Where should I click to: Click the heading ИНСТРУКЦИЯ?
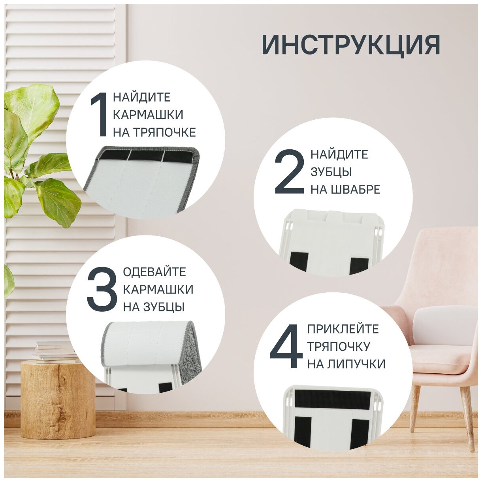[351, 45]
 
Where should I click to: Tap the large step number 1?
[99, 114]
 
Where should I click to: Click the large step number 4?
[286, 346]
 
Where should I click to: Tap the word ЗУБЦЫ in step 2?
[331, 172]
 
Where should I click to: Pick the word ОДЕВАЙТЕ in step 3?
[154, 272]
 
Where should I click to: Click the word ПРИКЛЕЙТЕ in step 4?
[343, 329]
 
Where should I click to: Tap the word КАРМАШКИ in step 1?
[148, 115]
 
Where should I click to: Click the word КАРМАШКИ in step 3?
[158, 290]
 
